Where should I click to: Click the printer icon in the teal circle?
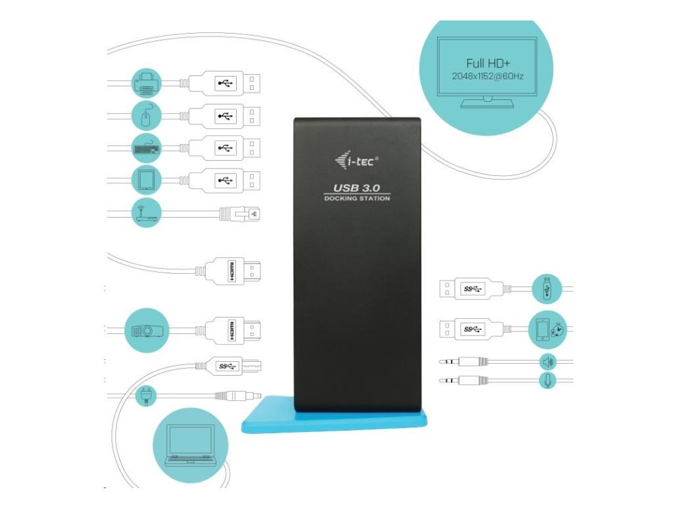point(147,83)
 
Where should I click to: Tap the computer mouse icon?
point(147,116)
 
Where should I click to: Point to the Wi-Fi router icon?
point(147,212)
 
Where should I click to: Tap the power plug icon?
point(145,396)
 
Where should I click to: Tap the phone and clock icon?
point(547,329)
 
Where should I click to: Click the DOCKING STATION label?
point(357,198)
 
